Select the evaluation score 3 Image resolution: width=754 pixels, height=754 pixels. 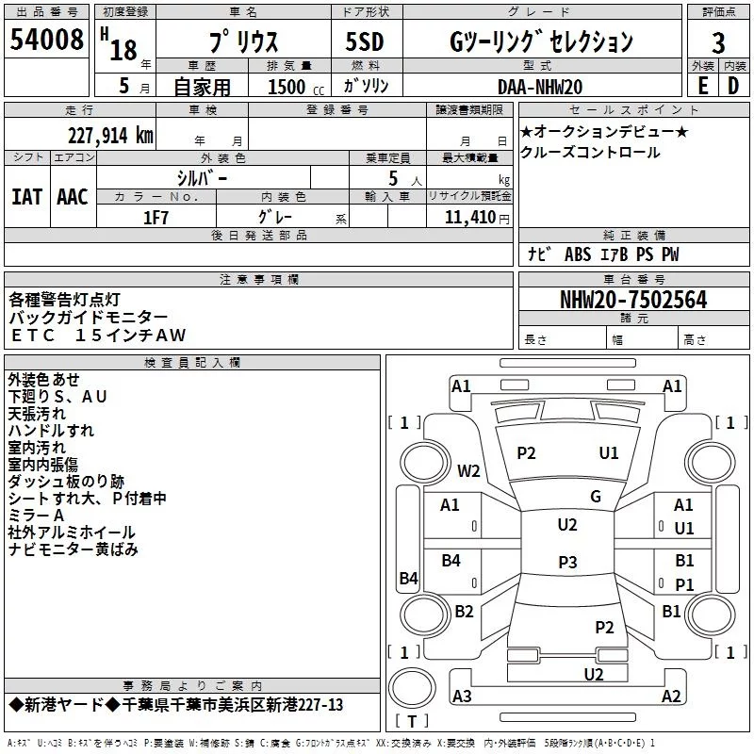click(x=718, y=42)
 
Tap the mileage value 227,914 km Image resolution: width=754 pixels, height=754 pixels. click(x=110, y=136)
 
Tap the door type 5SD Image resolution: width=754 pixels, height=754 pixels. click(x=365, y=41)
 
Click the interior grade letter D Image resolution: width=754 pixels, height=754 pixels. click(x=733, y=85)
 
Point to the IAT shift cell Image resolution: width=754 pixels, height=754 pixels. click(x=27, y=197)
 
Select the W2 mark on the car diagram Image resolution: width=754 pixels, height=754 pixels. click(x=468, y=470)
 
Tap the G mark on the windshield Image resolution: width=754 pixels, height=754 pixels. click(x=595, y=496)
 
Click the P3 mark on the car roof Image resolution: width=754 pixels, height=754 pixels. click(x=566, y=563)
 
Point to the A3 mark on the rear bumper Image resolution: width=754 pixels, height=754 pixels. click(x=462, y=697)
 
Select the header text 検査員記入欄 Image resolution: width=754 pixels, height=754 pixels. click(x=192, y=362)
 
